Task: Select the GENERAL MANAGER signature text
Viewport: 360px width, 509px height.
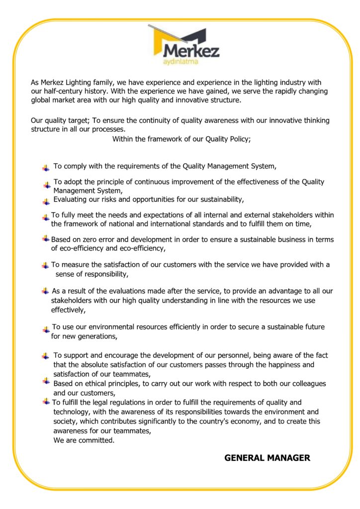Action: pos(267,458)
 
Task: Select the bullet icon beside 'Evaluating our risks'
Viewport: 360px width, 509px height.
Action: pos(46,201)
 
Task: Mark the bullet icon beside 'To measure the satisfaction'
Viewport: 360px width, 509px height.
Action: pos(46,265)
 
